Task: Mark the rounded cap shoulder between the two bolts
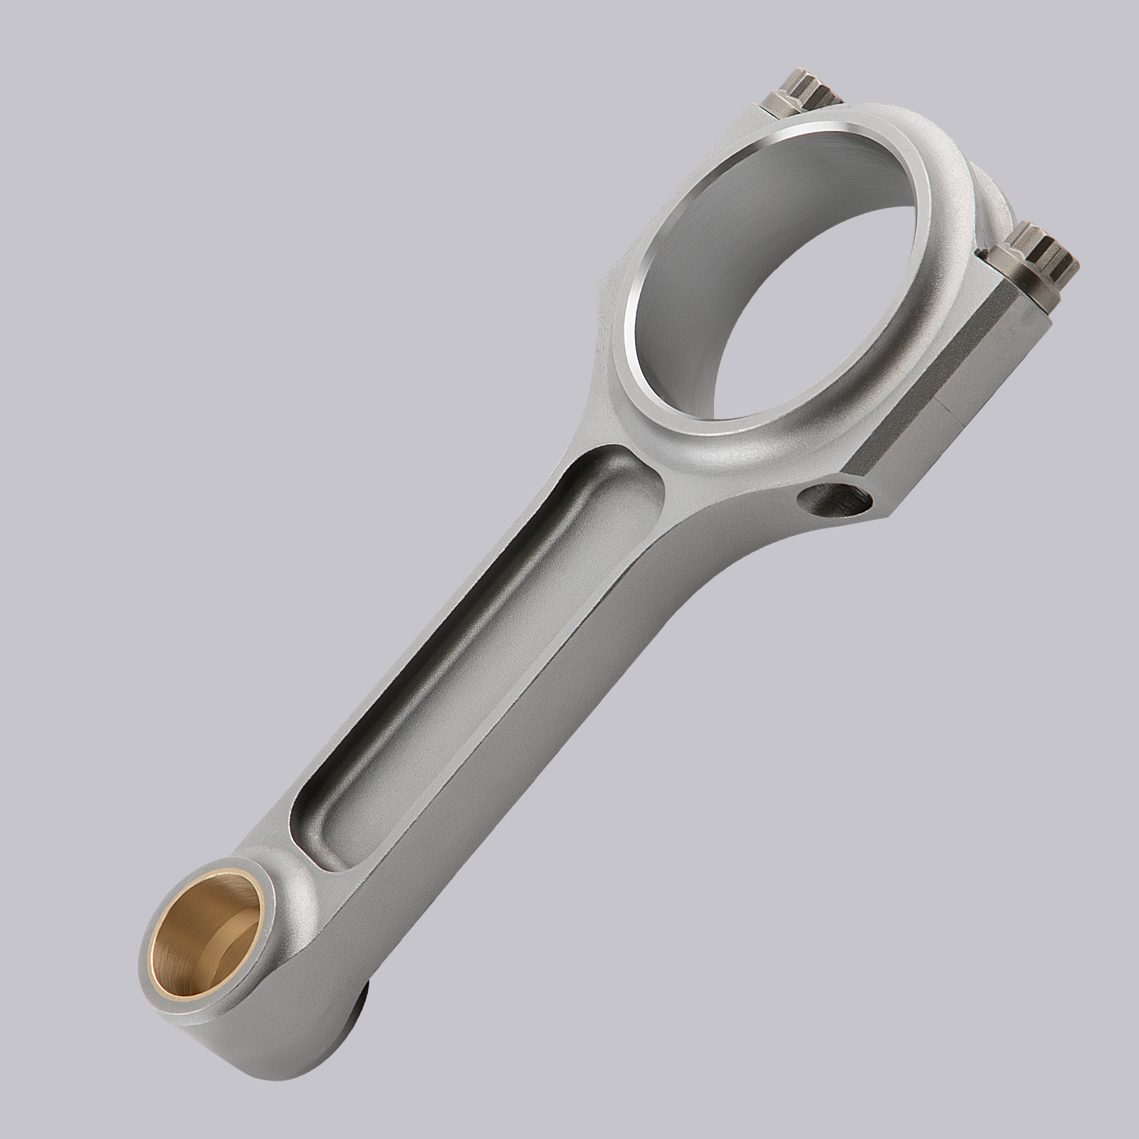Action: (990, 192)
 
